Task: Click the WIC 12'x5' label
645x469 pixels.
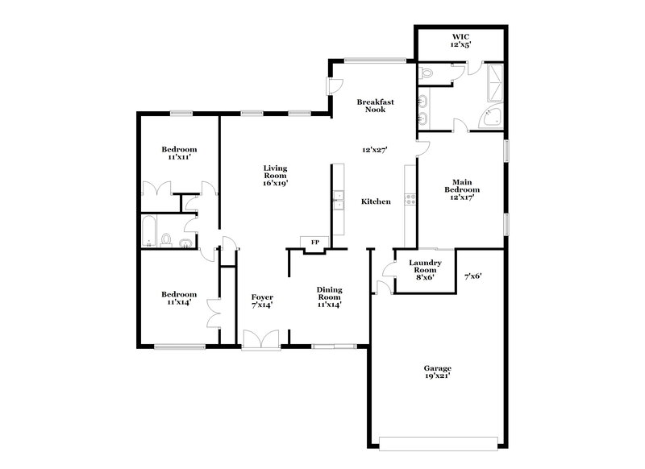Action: (461, 42)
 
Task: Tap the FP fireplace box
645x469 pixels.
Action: (314, 241)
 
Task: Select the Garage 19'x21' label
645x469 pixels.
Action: (438, 372)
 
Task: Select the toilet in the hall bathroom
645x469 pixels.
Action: (167, 239)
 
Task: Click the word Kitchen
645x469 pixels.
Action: (376, 201)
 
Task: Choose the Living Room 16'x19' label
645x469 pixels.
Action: (275, 176)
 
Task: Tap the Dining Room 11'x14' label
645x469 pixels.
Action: (329, 297)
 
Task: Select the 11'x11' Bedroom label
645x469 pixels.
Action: (178, 153)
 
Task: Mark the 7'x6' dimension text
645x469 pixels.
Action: (473, 276)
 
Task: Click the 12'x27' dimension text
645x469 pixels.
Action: (374, 150)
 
